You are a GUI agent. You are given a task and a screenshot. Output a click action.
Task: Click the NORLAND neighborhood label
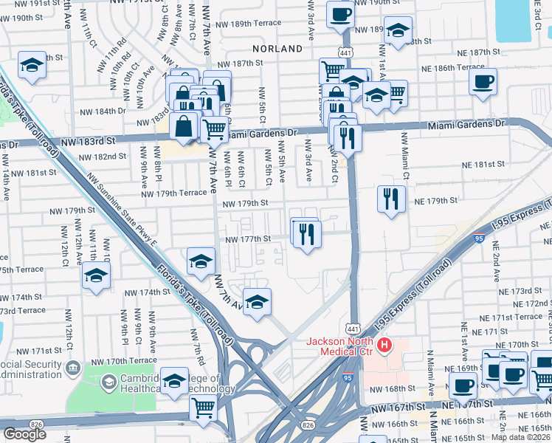coord(277,48)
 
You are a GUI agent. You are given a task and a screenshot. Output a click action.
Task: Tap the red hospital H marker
coord(384,345)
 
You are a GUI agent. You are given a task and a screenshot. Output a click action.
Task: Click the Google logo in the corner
coord(24,434)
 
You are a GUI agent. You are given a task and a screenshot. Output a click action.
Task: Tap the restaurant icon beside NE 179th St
coord(391,199)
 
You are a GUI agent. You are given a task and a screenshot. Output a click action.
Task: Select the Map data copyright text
coord(521,437)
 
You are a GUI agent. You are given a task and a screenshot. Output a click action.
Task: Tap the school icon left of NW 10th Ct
coord(95,276)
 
